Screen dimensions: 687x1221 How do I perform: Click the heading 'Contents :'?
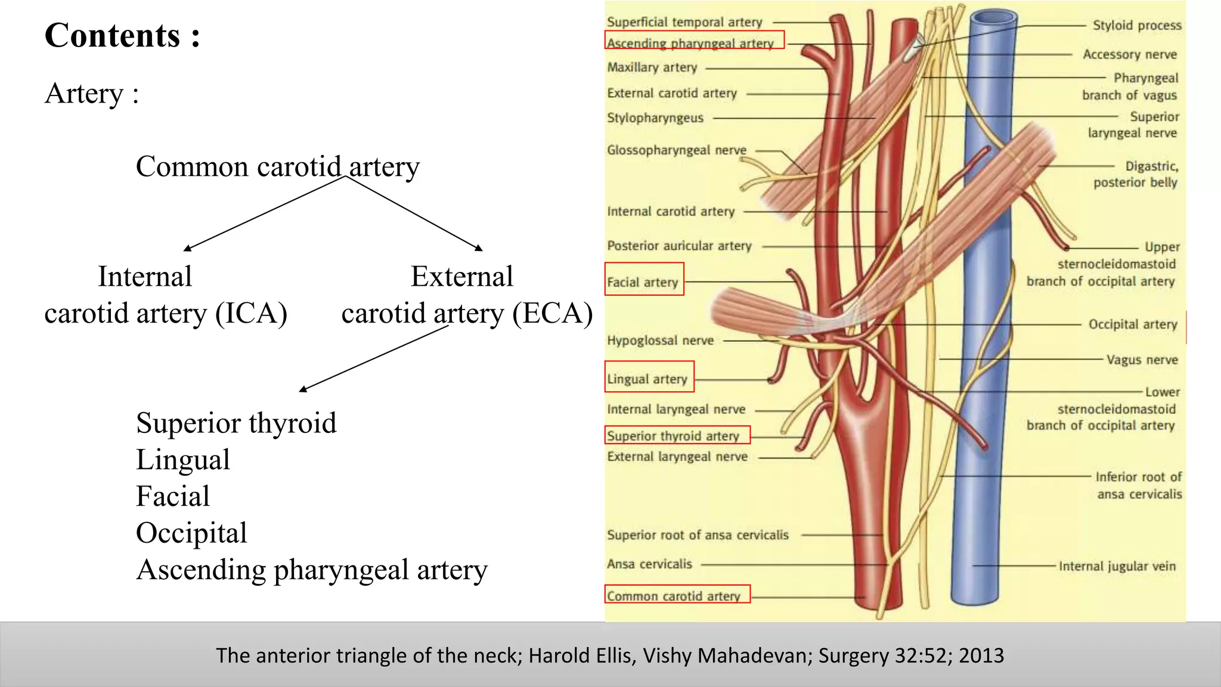[x=122, y=35]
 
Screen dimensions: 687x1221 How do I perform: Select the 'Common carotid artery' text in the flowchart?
[x=278, y=166]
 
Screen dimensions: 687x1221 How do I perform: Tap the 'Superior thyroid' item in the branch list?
[x=236, y=423]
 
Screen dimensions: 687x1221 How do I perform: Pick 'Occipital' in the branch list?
[x=191, y=533]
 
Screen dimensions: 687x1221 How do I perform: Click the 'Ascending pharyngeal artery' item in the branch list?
[x=312, y=570]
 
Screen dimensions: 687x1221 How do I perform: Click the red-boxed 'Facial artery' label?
[x=643, y=282]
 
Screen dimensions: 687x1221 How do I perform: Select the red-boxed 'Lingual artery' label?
[x=647, y=379]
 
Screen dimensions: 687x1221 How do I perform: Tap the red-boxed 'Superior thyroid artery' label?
[x=673, y=436]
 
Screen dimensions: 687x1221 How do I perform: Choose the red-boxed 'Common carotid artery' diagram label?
[x=674, y=596]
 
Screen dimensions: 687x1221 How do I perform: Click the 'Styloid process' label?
[x=1137, y=25]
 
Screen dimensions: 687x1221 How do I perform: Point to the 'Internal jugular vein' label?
[x=1117, y=566]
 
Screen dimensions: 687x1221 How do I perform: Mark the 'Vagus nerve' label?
[x=1142, y=360]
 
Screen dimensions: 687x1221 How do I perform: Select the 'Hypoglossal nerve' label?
[x=661, y=341]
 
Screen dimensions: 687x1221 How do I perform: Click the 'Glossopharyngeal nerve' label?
[x=677, y=150]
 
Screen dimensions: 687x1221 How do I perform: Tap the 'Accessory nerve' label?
[x=1130, y=54]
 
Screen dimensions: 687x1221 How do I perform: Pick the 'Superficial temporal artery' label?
[x=684, y=22]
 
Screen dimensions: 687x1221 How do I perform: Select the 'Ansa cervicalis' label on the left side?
[x=650, y=564]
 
